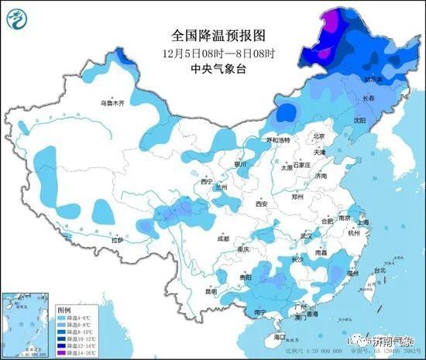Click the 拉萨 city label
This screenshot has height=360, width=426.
[x=117, y=241]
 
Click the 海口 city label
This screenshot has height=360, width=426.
[x=280, y=338]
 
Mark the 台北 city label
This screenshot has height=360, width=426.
[x=380, y=271]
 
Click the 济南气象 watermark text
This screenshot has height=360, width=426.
[x=394, y=341]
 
